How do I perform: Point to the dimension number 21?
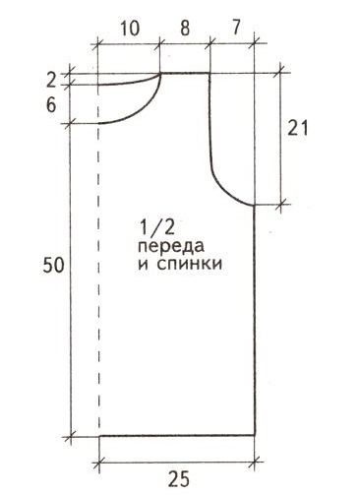(308, 126)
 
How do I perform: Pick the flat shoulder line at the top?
(185, 72)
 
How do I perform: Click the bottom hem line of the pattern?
(177, 435)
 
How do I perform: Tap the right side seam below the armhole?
(256, 315)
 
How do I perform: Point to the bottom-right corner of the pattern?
(256, 435)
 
